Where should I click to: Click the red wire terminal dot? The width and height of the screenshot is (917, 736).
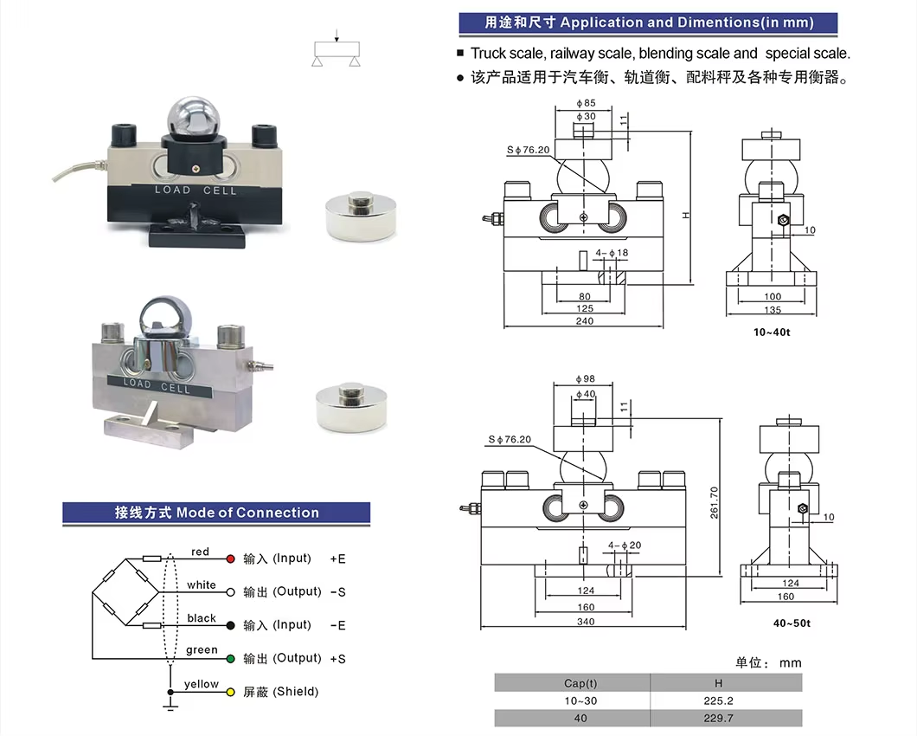[x=231, y=558]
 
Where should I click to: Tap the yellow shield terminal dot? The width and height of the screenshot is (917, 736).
[x=231, y=692]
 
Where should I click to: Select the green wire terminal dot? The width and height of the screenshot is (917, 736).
[x=231, y=659]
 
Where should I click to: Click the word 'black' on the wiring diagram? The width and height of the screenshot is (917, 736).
[x=202, y=618]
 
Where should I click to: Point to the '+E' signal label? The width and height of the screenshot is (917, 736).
[x=337, y=559]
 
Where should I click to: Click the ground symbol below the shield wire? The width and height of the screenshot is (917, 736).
[x=170, y=707]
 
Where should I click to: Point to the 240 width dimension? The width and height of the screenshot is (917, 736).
[x=585, y=321]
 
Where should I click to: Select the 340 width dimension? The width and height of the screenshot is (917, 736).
[x=586, y=621]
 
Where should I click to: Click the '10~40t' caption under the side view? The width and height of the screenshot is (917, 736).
[x=772, y=332]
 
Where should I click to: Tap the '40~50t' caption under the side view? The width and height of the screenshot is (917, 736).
[x=792, y=623]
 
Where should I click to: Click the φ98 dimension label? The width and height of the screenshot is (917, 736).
[x=586, y=378]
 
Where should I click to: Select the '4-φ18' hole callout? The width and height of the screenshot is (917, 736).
[x=612, y=252]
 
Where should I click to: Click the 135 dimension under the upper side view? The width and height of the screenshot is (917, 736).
[x=772, y=310]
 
